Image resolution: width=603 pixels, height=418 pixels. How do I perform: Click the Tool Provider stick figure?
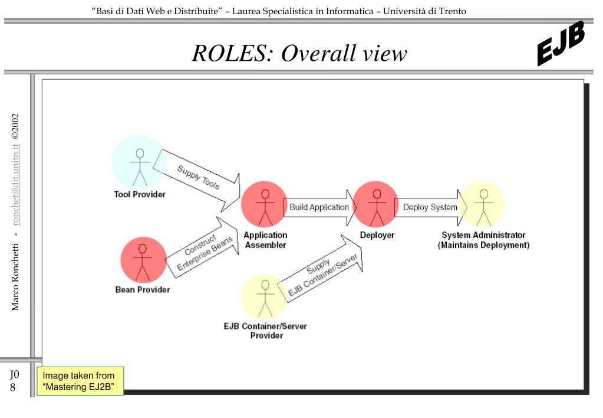[x=140, y=167]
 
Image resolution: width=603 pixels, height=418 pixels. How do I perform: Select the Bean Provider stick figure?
[x=142, y=262]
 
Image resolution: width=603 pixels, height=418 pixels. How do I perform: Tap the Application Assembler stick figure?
[x=265, y=208]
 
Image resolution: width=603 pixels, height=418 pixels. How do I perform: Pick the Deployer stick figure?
[x=377, y=208]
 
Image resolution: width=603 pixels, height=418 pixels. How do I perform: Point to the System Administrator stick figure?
[x=484, y=208]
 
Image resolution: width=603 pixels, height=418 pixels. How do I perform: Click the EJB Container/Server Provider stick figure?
[x=265, y=299]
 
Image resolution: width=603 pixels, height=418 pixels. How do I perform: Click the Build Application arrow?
[x=320, y=207]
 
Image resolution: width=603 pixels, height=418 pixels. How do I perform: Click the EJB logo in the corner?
[x=561, y=43]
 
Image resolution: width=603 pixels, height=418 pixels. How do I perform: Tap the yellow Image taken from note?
[x=80, y=381]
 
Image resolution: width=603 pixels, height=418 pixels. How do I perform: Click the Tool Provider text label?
[x=140, y=194]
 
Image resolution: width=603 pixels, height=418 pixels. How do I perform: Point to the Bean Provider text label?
[x=143, y=289]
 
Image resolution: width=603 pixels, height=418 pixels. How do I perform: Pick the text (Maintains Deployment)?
[x=484, y=245]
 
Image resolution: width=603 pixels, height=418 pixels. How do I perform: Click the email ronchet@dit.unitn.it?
[x=15, y=185]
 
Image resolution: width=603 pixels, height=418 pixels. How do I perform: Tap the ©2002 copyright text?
[x=15, y=126]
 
